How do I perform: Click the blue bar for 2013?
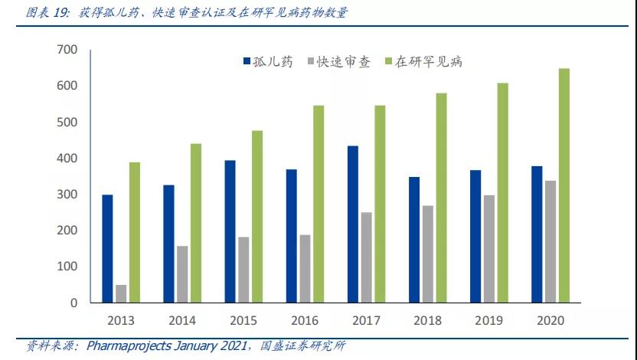pyautogui.click(x=107, y=249)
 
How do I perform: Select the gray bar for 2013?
pyautogui.click(x=121, y=293)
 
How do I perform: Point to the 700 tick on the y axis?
pyautogui.click(x=67, y=50)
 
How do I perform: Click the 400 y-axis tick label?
pyautogui.click(x=67, y=159)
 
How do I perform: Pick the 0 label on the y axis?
pyautogui.click(x=73, y=303)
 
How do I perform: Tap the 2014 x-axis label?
pyautogui.click(x=181, y=320)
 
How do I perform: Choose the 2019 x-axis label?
pyautogui.click(x=488, y=320)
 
